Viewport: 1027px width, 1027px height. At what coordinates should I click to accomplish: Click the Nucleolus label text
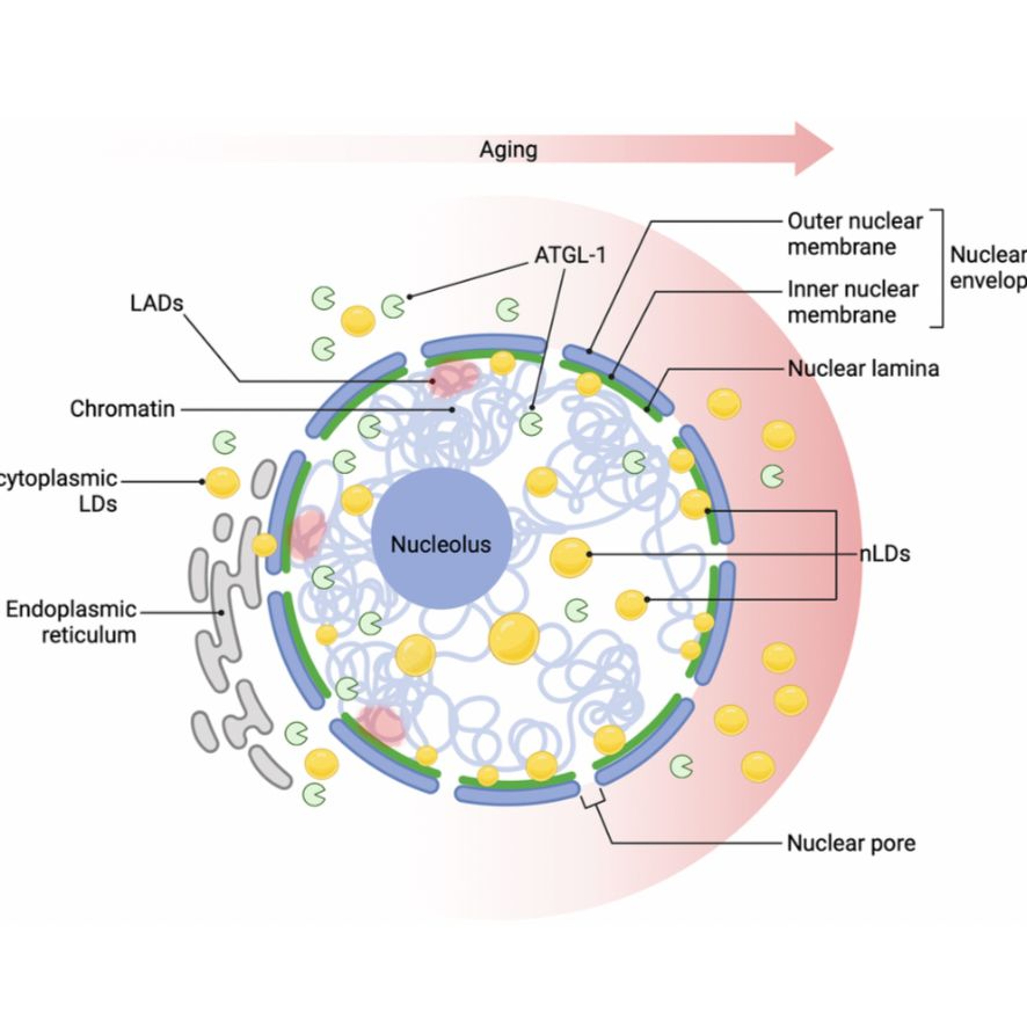441,544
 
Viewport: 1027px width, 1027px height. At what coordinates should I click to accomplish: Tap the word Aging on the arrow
508,150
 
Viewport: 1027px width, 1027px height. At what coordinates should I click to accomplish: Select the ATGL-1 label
570,256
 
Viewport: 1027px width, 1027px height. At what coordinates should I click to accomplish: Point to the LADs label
156,304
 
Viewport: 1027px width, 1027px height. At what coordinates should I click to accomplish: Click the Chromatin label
122,409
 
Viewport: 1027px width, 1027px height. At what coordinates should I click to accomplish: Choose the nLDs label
885,554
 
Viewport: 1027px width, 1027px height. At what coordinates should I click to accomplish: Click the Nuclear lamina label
863,368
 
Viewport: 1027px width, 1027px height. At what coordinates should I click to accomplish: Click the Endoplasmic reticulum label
71,622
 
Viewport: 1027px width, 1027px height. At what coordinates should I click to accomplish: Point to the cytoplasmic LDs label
59,491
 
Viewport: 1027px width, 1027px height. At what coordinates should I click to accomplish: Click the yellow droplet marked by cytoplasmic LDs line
222,482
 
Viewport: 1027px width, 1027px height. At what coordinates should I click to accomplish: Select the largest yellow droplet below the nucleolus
513,638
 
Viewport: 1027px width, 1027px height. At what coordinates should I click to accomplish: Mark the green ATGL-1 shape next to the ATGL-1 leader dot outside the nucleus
393,306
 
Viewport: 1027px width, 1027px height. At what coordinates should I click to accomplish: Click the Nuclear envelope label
988,267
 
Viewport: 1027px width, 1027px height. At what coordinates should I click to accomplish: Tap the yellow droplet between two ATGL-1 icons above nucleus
358,320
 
